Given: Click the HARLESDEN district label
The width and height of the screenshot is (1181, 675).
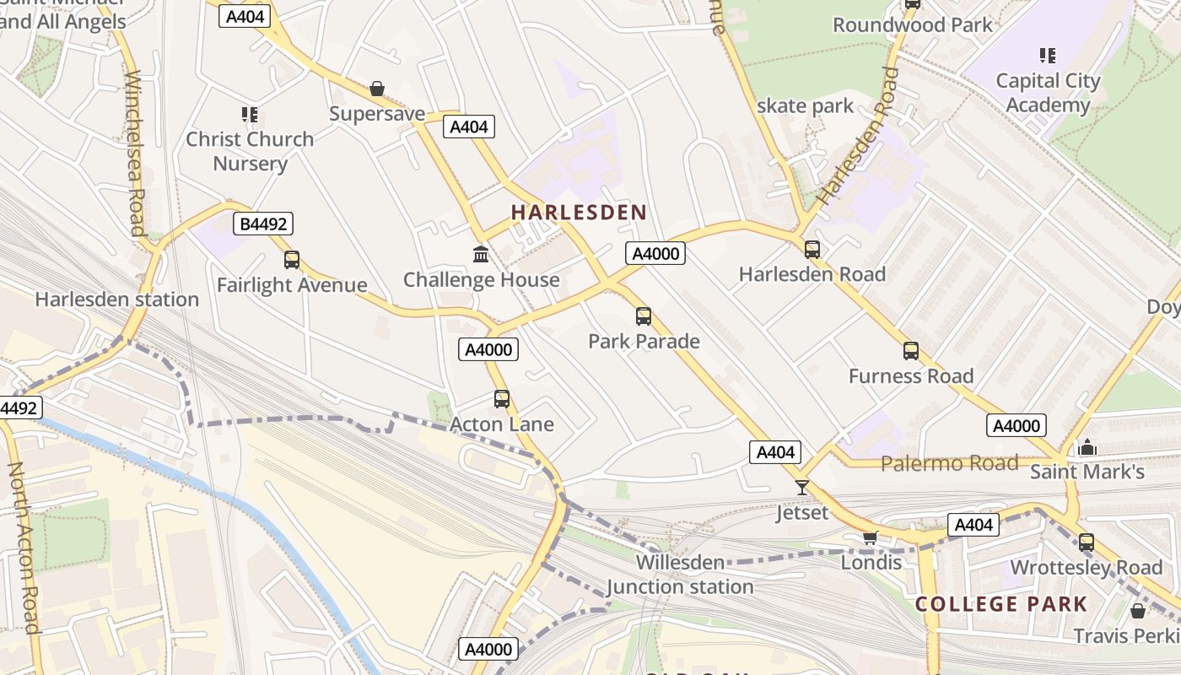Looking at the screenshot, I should tap(579, 213).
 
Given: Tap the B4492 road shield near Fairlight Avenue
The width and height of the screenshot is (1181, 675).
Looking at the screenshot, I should tap(263, 224).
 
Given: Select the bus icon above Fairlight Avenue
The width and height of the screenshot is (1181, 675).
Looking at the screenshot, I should tap(292, 260).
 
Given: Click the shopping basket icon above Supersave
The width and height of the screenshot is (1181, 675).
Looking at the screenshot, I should tap(377, 89).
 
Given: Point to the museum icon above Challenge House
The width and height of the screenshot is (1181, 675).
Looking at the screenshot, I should tap(481, 254).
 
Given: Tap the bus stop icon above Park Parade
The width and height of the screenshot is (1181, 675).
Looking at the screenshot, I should tap(644, 316).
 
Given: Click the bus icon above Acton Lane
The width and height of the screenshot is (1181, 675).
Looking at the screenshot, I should tap(502, 399).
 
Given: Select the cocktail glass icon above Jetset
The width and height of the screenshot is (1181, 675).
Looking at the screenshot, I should tap(802, 488).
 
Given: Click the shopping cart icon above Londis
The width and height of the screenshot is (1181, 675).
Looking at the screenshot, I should tap(871, 537).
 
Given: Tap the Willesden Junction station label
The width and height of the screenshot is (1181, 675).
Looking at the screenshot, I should tap(680, 575).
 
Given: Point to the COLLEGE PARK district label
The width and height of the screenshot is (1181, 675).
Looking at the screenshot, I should tap(1001, 604).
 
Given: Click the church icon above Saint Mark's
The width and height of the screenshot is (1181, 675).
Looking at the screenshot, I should tap(1087, 446).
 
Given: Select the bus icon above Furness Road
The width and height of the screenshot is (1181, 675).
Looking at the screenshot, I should tap(911, 351).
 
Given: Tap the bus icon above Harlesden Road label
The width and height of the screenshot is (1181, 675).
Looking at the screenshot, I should tap(812, 250).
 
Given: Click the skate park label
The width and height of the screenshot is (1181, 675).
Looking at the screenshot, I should tap(805, 106).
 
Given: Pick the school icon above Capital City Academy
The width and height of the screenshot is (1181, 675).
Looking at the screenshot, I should tap(1048, 56).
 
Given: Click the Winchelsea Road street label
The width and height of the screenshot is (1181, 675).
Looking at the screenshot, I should tap(136, 154).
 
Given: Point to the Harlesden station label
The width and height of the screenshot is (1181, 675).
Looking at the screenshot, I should tap(117, 300).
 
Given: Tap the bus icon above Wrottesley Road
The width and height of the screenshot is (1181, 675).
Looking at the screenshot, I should tap(1087, 543).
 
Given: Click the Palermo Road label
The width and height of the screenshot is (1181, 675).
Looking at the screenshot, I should tap(950, 463).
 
